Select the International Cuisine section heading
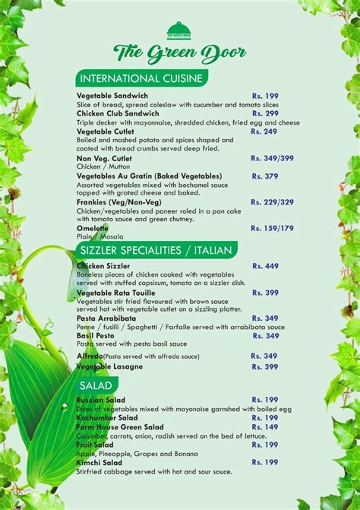point(141,78)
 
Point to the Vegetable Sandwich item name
point(112,96)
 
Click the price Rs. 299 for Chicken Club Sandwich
point(265,113)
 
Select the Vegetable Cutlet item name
point(106,131)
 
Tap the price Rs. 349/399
point(273,158)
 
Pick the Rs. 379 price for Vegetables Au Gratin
point(265,176)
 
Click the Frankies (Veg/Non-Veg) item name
point(119,201)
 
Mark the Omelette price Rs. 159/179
point(273,227)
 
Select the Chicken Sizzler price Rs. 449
point(265,266)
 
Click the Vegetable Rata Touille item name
point(116,293)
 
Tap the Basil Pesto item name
point(96,335)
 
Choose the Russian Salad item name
point(101,400)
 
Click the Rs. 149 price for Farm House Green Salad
point(265,426)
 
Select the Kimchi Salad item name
point(99,462)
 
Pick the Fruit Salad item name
point(96,445)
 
